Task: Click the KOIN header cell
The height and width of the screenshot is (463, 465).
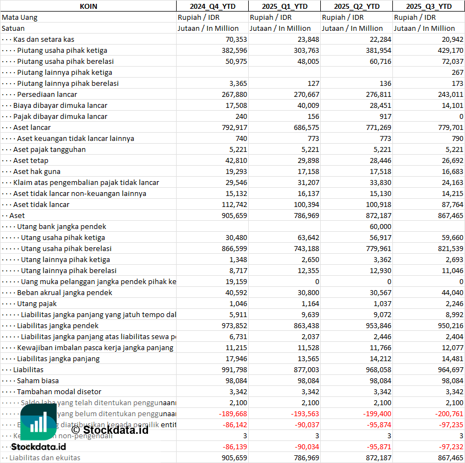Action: coord(88,6)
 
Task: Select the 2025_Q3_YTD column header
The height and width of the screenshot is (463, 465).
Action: coord(429,6)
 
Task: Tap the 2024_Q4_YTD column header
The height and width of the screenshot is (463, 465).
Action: coord(212,6)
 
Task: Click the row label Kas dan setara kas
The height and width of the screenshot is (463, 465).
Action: coord(43,39)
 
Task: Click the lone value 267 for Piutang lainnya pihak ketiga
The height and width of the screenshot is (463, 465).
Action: coord(457,72)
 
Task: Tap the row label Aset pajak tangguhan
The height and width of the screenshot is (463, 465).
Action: coord(50,149)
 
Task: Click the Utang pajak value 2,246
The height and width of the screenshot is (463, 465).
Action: coord(453,303)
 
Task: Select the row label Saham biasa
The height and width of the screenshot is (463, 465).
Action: coord(38,380)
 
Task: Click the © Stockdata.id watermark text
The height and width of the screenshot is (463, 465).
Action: coord(110,429)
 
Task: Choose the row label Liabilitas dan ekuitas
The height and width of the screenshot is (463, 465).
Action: coord(45,457)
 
